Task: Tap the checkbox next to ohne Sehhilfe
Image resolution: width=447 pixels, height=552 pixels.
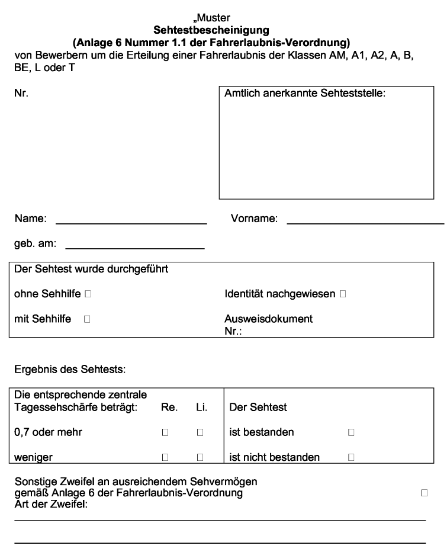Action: pyautogui.click(x=88, y=293)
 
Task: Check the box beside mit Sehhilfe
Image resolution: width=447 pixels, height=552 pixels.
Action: pyautogui.click(x=88, y=319)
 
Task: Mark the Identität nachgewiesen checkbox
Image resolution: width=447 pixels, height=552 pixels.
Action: pyautogui.click(x=343, y=293)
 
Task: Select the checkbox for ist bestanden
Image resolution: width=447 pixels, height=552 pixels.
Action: pyautogui.click(x=351, y=433)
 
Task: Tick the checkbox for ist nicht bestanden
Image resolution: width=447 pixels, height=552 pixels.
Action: pyautogui.click(x=351, y=457)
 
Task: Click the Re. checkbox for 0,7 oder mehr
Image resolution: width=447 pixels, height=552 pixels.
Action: pyautogui.click(x=166, y=433)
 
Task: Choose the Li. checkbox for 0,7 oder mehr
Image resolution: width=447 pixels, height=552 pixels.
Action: pyautogui.click(x=200, y=433)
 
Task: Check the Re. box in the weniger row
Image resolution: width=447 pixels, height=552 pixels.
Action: pyautogui.click(x=166, y=457)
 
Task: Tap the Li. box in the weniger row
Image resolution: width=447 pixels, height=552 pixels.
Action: pyautogui.click(x=200, y=457)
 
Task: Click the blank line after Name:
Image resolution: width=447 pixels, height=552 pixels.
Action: pyautogui.click(x=131, y=223)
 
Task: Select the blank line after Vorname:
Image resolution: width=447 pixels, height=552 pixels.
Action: pyautogui.click(x=365, y=223)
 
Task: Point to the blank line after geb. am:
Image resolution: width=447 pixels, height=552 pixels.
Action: pyautogui.click(x=134, y=247)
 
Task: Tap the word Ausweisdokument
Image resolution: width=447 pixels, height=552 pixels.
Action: pyautogui.click(x=268, y=319)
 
